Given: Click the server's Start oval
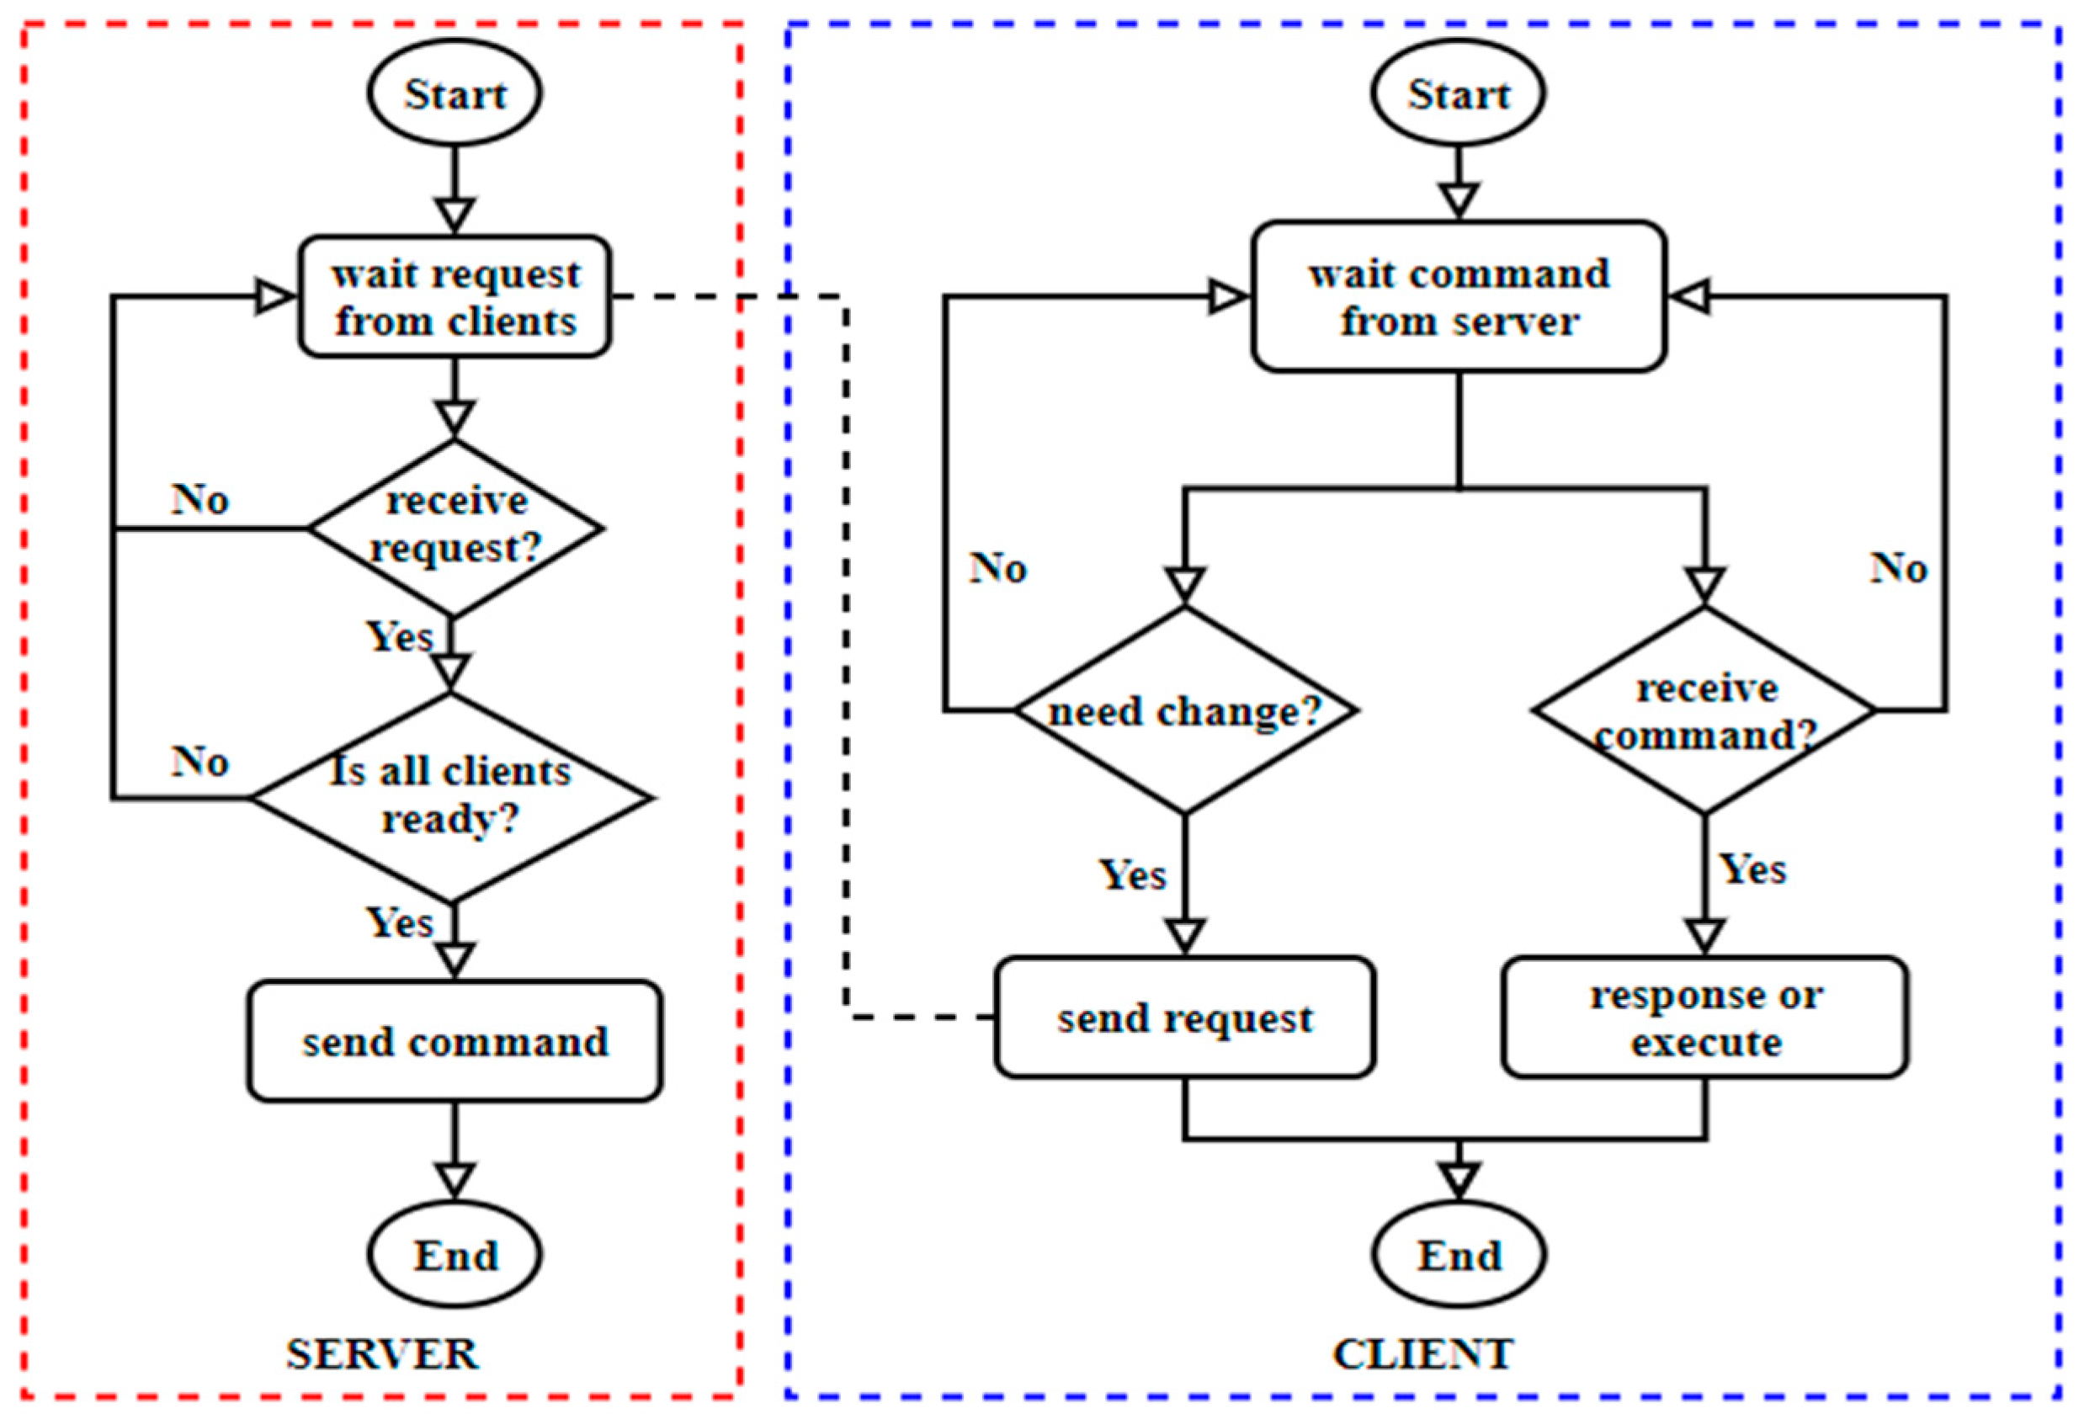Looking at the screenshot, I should click(454, 93).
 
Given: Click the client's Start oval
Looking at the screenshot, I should click(1458, 93).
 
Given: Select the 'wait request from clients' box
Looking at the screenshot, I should click(455, 297).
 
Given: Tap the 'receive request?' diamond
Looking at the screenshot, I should click(455, 528).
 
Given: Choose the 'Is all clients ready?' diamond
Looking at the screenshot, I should click(451, 796).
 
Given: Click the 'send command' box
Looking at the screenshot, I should click(455, 1040).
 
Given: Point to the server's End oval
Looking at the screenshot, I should click(454, 1255).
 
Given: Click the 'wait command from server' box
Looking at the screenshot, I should click(1459, 297).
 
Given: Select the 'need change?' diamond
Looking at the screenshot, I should click(1184, 710).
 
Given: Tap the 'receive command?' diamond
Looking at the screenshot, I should click(1704, 710).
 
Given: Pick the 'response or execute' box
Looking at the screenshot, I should click(1704, 1018).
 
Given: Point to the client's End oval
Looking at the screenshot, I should click(1458, 1255).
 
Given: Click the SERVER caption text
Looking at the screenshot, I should click(383, 1353).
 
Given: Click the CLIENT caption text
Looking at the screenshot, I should click(1423, 1353).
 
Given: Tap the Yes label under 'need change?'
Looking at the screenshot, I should click(1133, 874).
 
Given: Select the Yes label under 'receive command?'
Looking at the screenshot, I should click(1752, 869).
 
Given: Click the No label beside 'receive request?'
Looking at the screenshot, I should click(200, 500).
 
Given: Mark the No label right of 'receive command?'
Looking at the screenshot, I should click(1898, 568).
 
